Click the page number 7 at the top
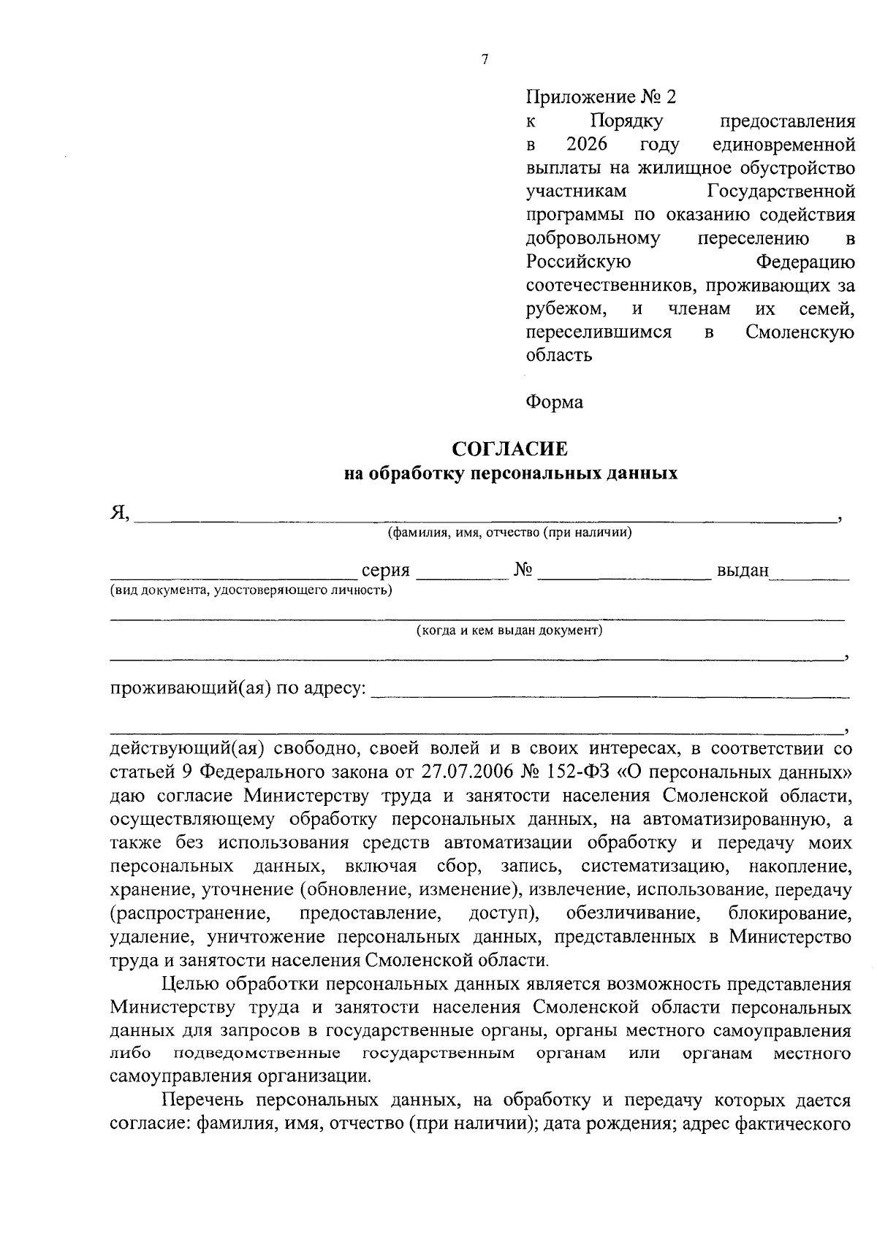(485, 60)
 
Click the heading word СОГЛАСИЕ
(509, 449)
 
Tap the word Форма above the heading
(554, 402)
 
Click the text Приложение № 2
(601, 96)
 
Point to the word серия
(386, 571)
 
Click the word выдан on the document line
(743, 571)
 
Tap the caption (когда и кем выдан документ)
(509, 630)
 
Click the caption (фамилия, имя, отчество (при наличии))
(509, 532)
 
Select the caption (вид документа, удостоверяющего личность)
(251, 590)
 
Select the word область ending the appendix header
(559, 356)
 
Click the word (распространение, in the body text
(186, 914)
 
